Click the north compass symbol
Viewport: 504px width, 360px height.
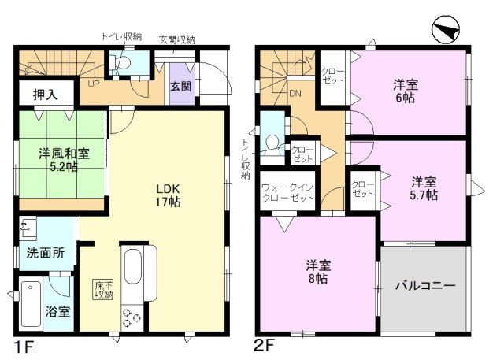[447, 30]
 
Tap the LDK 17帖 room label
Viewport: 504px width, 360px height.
[168, 195]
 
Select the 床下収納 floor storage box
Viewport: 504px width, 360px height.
[103, 290]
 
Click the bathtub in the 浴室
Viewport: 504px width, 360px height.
[31, 303]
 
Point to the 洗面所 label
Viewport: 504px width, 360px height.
[46, 254]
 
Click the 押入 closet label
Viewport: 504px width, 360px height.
[46, 95]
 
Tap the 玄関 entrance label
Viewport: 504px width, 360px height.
[180, 86]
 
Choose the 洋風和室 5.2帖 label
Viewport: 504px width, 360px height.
[64, 160]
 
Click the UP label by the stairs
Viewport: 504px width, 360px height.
[94, 84]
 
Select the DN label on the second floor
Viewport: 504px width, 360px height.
[295, 94]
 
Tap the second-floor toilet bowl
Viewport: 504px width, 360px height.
[272, 143]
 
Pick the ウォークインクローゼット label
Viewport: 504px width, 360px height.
[287, 192]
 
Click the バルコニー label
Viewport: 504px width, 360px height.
[425, 285]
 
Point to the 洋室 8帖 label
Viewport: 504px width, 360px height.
[318, 272]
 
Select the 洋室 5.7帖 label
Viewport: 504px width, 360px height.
[424, 189]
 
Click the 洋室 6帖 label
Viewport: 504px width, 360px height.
[406, 91]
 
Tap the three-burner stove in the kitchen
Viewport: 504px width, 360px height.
[132, 318]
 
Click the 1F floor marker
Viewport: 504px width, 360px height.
[24, 347]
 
